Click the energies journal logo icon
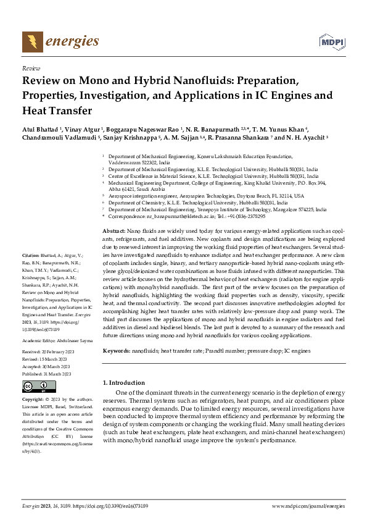click(x=32, y=41)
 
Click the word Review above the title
click(x=31, y=69)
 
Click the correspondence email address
click(x=182, y=217)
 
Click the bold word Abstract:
click(x=114, y=229)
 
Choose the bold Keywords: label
click(x=116, y=350)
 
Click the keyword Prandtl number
click(x=225, y=350)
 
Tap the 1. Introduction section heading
click(x=123, y=382)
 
